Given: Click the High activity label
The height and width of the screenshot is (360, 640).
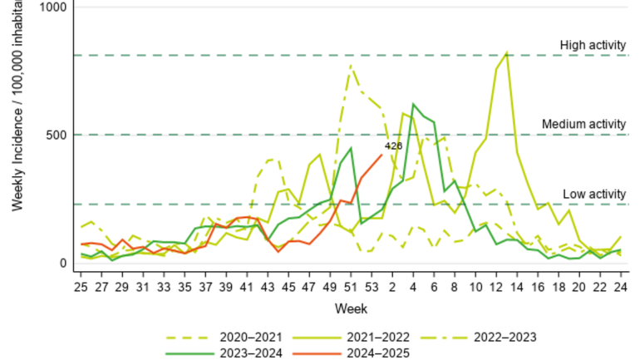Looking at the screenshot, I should coord(592,45).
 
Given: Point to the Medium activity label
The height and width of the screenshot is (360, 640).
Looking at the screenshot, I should coord(583,124).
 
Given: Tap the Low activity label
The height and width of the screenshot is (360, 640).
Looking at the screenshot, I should coord(593,194).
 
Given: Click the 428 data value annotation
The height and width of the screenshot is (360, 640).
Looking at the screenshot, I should coord(393,146).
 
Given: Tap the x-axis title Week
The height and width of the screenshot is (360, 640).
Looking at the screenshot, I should coord(347,308).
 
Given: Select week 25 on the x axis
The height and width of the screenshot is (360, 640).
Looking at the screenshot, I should coord(81,287).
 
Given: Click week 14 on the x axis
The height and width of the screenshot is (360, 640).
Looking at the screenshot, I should coord(517,287).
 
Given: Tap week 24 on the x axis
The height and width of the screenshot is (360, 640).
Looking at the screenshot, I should coord(620,287).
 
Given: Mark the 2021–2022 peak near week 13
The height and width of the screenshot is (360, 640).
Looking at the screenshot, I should coord(507,53).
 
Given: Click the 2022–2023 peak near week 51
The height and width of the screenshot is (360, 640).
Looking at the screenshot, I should coord(351,65).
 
